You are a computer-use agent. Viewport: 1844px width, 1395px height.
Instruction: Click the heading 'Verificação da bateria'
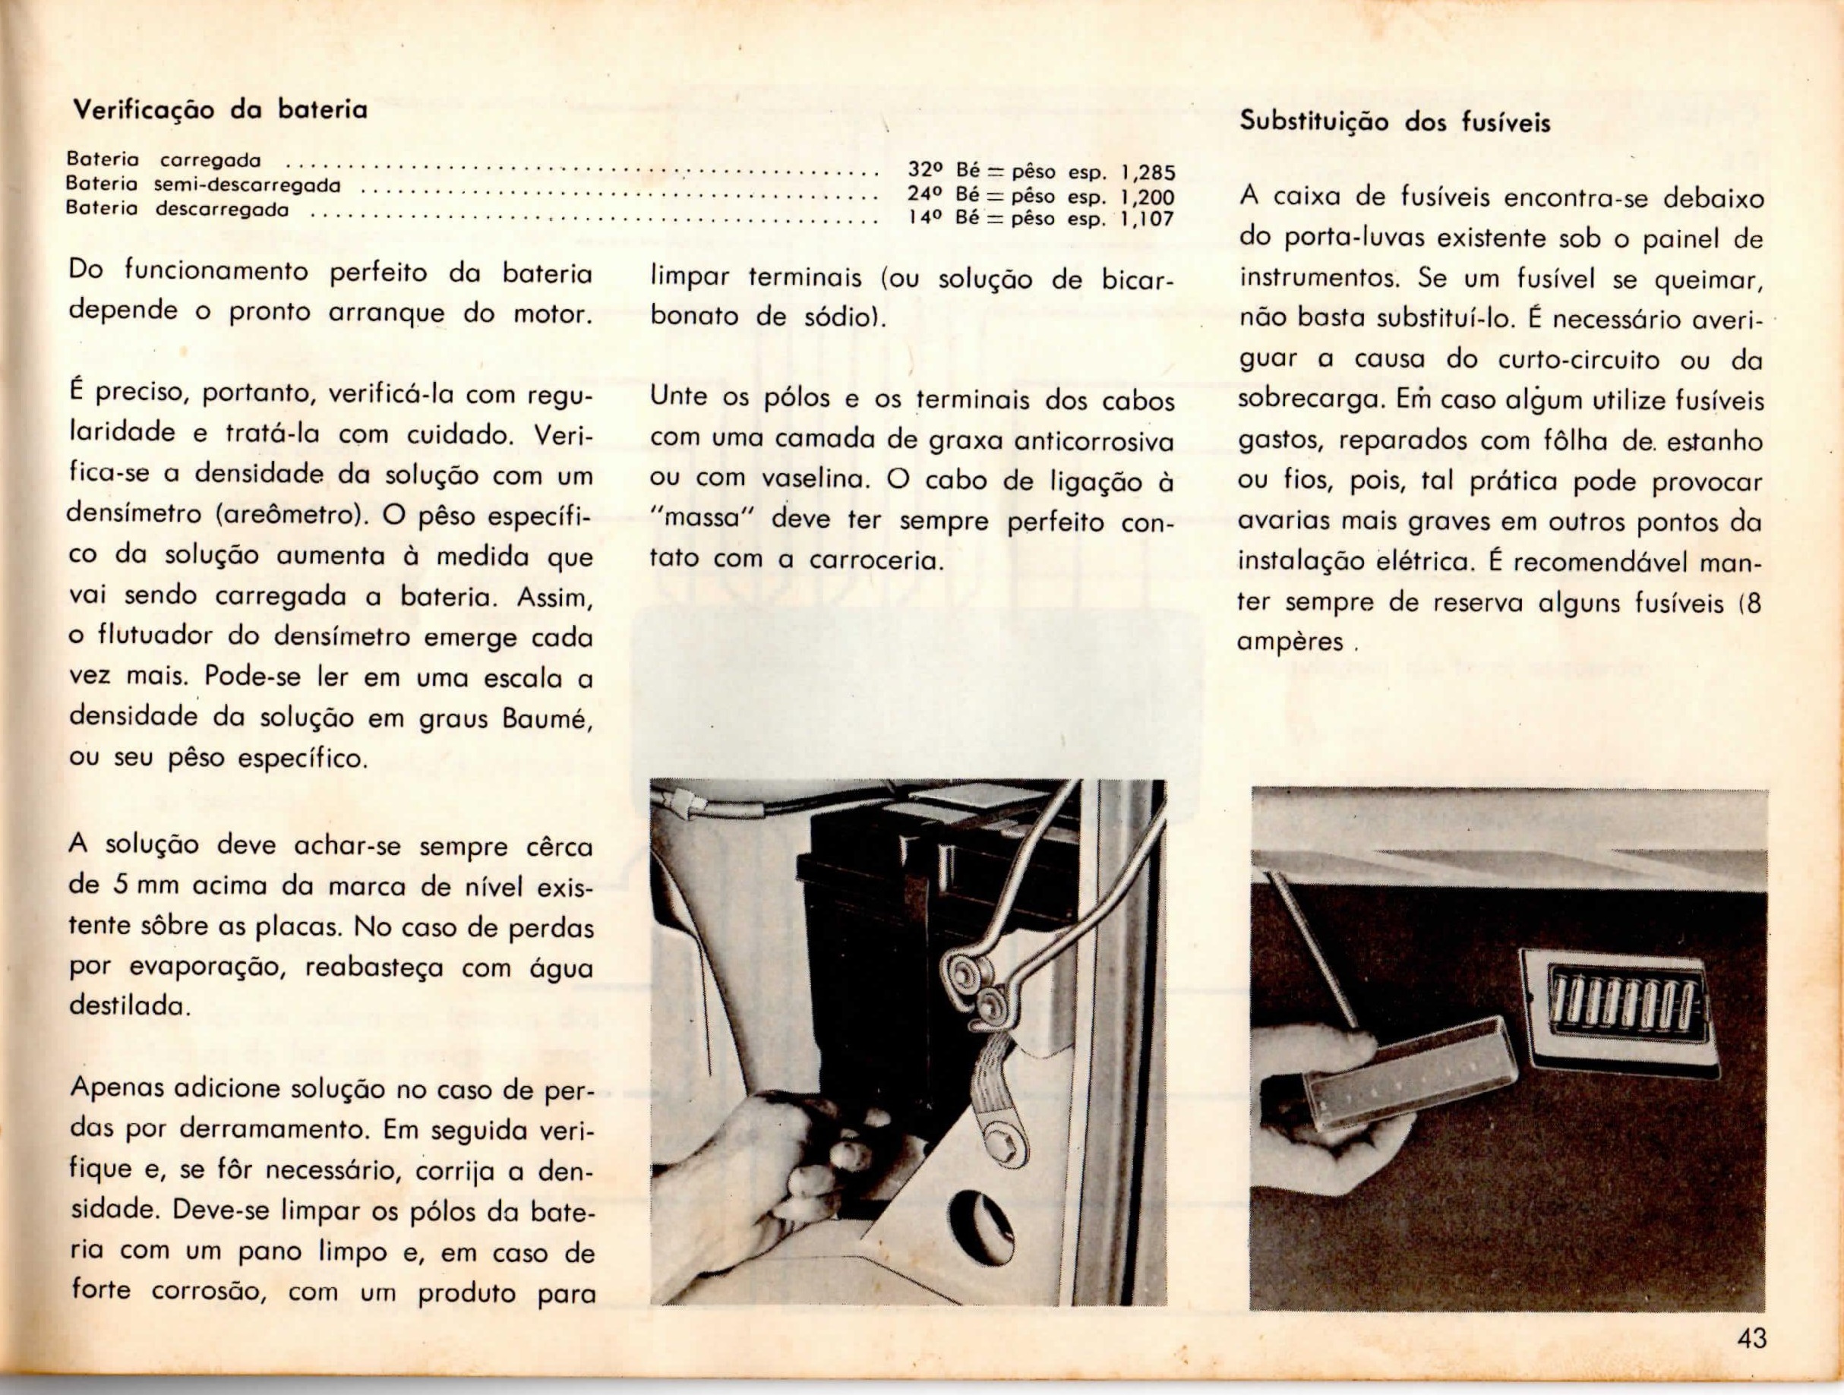tap(220, 110)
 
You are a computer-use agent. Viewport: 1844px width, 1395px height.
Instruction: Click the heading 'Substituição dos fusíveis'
tap(1394, 122)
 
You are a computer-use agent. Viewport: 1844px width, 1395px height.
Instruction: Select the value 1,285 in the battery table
tap(1147, 173)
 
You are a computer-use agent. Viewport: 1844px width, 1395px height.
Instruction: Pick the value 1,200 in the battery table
tap(1147, 197)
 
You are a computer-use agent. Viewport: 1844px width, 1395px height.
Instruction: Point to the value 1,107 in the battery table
tap(1147, 219)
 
